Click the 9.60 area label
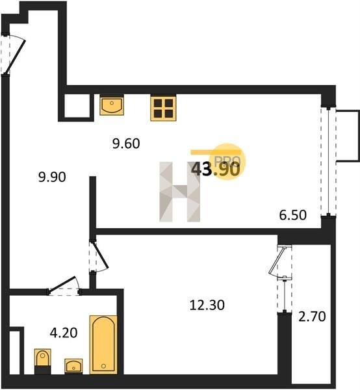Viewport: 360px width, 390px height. coord(126,144)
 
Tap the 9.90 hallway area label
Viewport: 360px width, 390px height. coord(52,177)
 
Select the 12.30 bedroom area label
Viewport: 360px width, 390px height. coord(207,305)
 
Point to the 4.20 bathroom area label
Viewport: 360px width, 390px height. coord(64,333)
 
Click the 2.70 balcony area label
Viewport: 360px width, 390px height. coord(312,317)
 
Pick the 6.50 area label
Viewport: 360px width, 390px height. coord(293,215)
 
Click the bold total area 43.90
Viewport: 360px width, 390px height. coord(216,170)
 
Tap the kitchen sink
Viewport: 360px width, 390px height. coord(112,105)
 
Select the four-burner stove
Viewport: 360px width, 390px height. coord(163,108)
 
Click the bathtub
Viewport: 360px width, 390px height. coord(103,344)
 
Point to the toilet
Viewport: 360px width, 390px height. coord(42,361)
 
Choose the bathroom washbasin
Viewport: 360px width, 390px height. coord(73,366)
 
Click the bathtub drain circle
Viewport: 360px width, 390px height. coord(103,366)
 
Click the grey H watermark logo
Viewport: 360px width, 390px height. coord(180,192)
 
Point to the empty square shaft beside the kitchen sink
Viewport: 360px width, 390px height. coord(77,106)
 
